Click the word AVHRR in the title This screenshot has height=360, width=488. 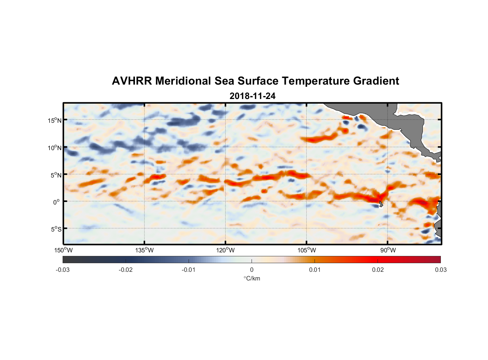(132, 81)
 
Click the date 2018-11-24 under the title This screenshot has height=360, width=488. (252, 96)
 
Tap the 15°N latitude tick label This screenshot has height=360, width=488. (55, 120)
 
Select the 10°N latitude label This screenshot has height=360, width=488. (55, 148)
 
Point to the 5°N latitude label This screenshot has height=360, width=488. (56, 175)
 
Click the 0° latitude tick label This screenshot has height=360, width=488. (57, 202)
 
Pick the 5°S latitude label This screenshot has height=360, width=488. (56, 229)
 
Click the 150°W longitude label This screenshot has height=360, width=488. (63, 250)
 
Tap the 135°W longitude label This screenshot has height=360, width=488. (144, 250)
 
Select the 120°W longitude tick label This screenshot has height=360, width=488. (225, 250)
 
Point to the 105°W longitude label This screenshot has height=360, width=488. (307, 250)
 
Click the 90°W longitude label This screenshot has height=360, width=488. (388, 250)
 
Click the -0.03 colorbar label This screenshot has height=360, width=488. (63, 270)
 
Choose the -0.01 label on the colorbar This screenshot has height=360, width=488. (189, 270)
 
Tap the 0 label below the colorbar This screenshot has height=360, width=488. (252, 270)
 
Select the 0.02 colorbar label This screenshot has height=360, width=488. (378, 270)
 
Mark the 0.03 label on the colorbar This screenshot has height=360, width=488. (440, 270)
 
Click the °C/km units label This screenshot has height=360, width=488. (252, 278)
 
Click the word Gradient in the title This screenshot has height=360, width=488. (376, 81)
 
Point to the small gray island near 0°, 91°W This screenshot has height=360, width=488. (381, 204)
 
